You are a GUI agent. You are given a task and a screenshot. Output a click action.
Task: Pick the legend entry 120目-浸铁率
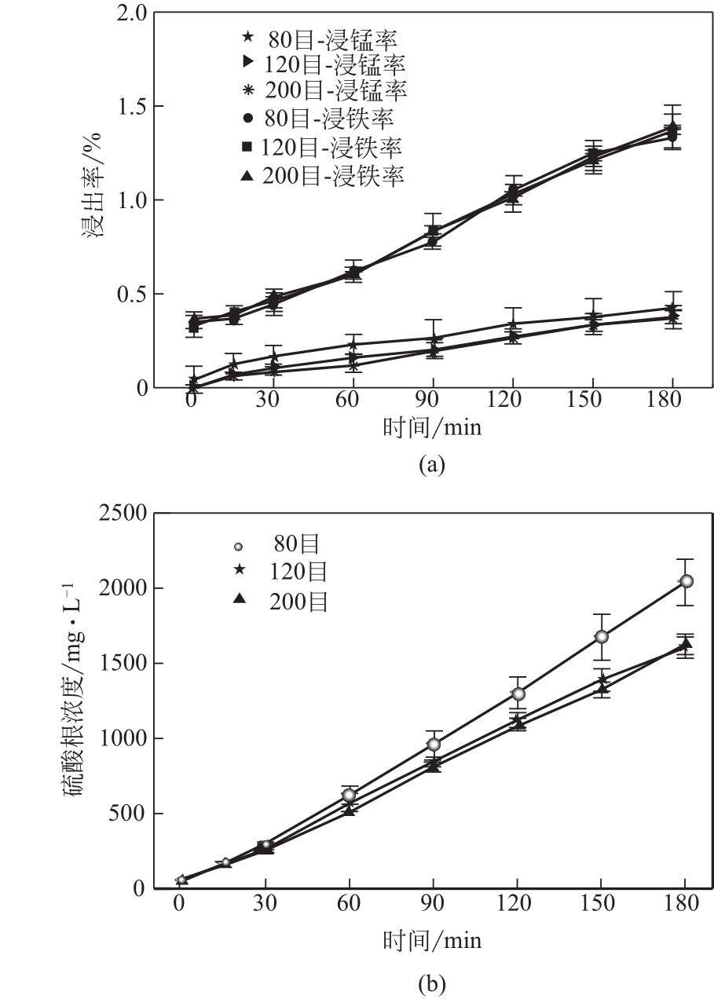click(322, 146)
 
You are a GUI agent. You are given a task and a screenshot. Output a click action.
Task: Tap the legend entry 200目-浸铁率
click(323, 175)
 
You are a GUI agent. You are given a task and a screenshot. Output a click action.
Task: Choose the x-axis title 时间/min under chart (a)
click(432, 428)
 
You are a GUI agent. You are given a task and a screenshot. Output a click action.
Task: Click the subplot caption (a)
click(432, 464)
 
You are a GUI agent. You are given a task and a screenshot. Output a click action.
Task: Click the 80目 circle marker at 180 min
click(687, 580)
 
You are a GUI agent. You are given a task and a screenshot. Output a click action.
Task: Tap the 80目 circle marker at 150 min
click(601, 636)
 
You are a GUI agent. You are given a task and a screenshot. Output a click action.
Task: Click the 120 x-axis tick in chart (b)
click(516, 902)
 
